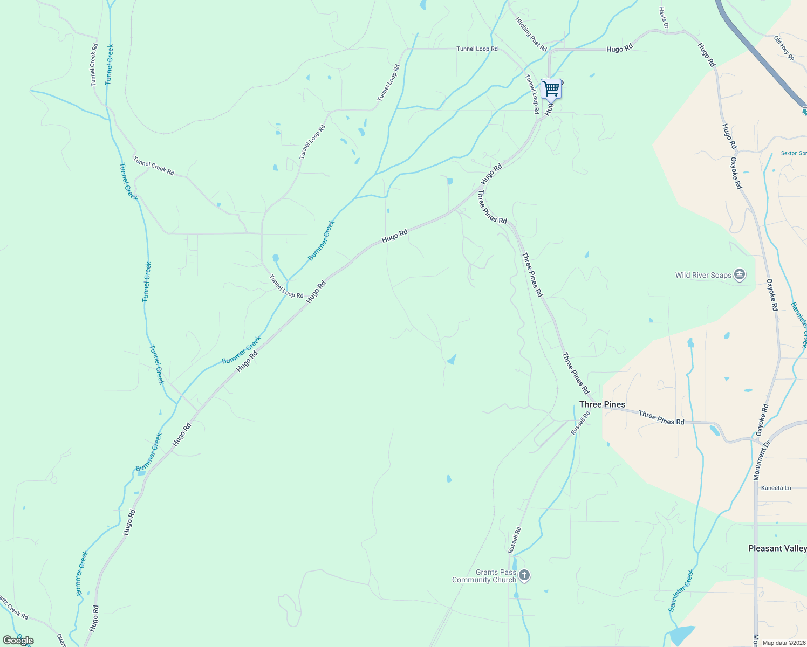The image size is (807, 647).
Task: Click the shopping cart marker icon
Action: [x=551, y=89]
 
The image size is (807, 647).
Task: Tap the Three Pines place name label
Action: [x=602, y=404]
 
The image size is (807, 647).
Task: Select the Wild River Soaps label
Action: [x=703, y=275]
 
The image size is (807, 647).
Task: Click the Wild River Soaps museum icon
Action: [x=740, y=275]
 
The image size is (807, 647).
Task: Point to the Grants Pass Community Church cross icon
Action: [x=524, y=576]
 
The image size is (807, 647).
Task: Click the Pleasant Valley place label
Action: [x=777, y=548]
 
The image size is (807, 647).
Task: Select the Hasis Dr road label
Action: [x=664, y=18]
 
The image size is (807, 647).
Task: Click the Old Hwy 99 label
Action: [x=784, y=48]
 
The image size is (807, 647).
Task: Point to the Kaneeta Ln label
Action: [x=776, y=488]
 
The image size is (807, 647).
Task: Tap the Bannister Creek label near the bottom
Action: [x=680, y=590]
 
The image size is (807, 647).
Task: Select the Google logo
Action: [x=18, y=641]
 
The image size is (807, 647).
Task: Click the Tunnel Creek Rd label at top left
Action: [x=94, y=65]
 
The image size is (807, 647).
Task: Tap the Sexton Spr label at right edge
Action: [x=794, y=153]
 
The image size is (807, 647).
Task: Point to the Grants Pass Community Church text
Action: [x=484, y=576]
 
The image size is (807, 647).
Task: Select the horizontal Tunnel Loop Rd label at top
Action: [x=477, y=49]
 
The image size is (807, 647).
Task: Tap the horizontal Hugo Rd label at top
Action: [x=619, y=49]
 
